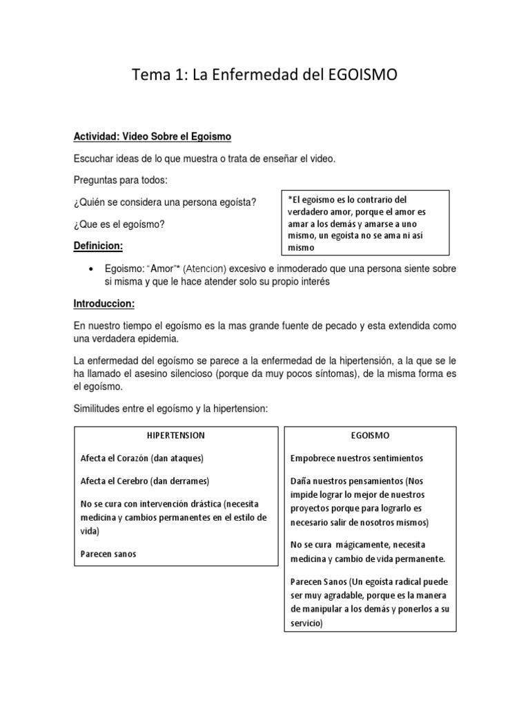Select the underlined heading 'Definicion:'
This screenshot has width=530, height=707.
coord(98,246)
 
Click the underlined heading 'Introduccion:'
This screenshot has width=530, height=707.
coord(104,304)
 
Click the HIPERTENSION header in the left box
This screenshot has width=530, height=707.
coord(175,436)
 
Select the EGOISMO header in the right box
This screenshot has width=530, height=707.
coord(370,436)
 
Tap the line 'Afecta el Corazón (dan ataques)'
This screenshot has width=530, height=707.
coord(142,458)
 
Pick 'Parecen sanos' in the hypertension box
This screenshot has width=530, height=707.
coord(108,553)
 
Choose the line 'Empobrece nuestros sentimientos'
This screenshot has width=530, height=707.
coord(357,458)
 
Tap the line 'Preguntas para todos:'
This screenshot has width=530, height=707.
coord(121,180)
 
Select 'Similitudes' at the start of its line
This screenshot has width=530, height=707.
coord(98,409)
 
